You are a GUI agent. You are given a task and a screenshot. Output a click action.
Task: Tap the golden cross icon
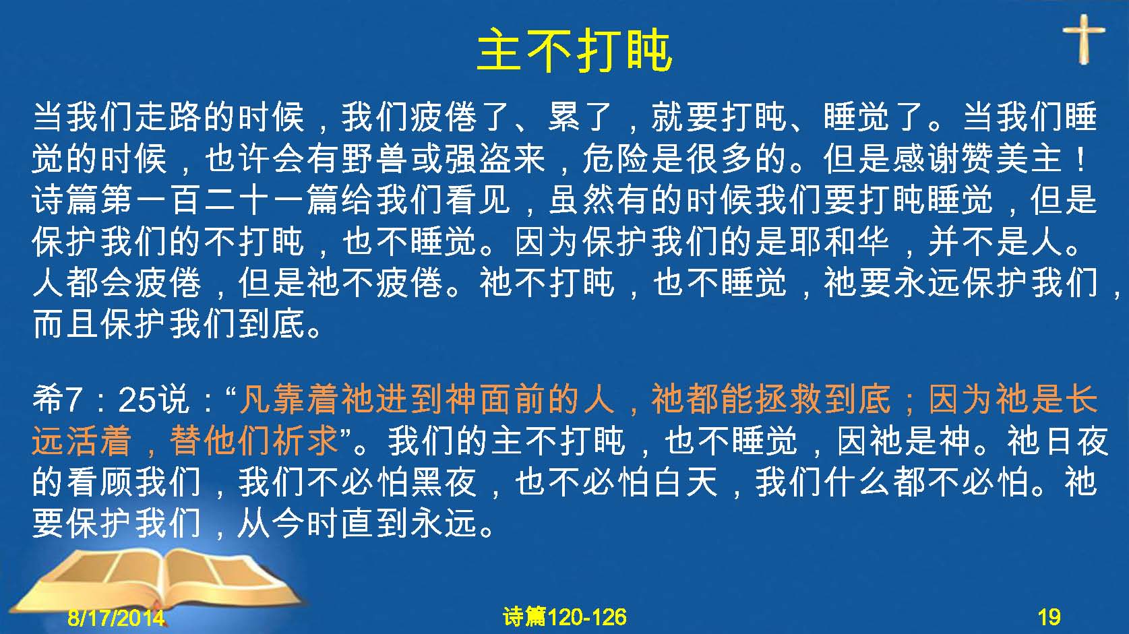(1084, 39)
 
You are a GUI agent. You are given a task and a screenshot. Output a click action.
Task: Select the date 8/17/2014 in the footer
(116, 617)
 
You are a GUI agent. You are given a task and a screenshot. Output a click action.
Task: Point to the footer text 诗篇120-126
(565, 617)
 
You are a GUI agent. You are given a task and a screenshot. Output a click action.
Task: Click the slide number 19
(1049, 617)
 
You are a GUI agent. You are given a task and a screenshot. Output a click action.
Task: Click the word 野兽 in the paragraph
(375, 159)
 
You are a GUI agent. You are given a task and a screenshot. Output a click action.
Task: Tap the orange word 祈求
(304, 441)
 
